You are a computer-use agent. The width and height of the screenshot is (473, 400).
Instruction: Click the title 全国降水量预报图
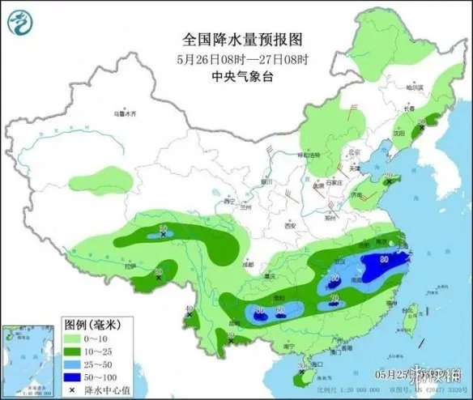tap(236, 39)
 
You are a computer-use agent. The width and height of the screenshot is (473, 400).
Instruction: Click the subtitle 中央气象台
tap(236, 77)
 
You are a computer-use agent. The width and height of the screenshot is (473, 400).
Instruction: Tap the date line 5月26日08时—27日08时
tap(236, 58)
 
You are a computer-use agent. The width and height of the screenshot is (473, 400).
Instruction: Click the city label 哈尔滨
tap(414, 87)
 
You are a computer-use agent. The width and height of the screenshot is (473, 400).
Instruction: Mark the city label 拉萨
tap(131, 266)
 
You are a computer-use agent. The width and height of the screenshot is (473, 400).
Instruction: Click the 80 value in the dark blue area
tap(383, 260)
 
